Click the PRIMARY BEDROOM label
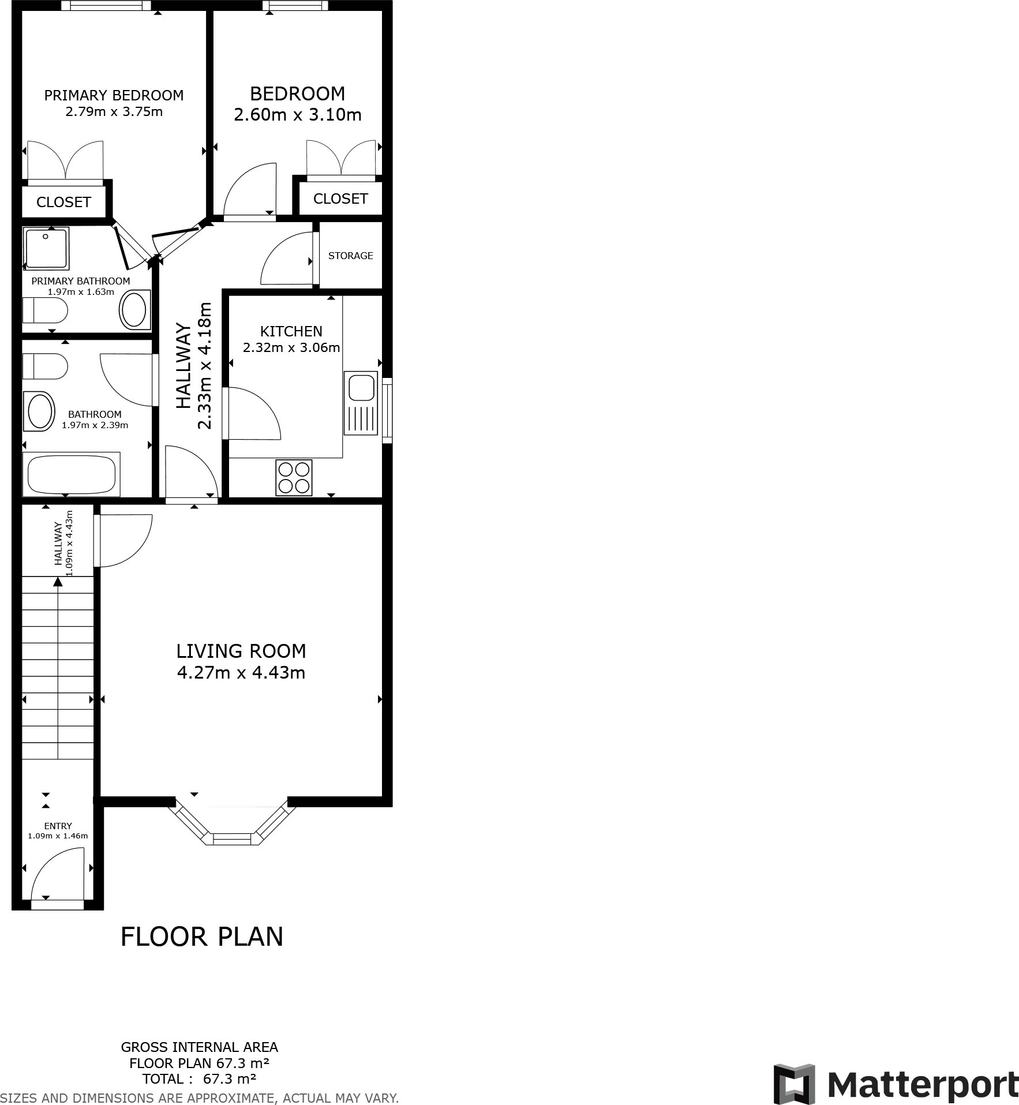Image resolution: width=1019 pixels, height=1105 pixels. (114, 95)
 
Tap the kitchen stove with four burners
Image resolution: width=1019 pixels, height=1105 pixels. (294, 477)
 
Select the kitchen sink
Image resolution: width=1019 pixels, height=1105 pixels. (361, 387)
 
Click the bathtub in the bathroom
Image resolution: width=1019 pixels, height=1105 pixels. (72, 474)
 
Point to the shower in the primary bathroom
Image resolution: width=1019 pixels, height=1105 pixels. (46, 248)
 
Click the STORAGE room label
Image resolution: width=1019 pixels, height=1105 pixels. (350, 256)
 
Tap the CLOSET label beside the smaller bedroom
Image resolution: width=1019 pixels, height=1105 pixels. (340, 198)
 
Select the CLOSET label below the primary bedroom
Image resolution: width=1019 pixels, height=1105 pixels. (63, 202)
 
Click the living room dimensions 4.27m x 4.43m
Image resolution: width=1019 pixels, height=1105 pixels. (241, 673)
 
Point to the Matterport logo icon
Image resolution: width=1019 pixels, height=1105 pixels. (794, 1084)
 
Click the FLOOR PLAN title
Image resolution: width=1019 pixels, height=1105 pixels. (202, 937)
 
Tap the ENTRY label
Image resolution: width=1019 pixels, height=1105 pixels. (58, 826)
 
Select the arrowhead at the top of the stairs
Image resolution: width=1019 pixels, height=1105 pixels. (58, 582)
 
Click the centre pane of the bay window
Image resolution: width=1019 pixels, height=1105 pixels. (233, 839)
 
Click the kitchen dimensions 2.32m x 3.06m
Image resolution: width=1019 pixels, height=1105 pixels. (291, 347)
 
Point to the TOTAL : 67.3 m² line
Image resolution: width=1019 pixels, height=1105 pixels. (199, 1079)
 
